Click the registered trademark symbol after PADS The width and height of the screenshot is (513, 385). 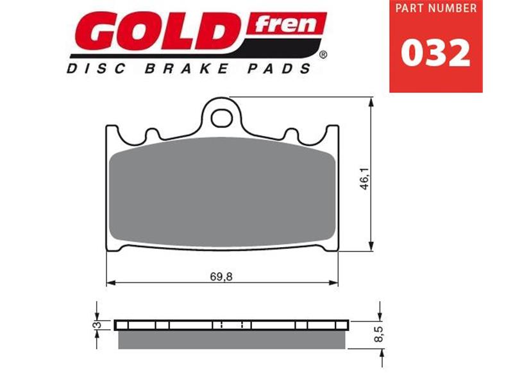[323, 55]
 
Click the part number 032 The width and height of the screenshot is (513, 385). [435, 54]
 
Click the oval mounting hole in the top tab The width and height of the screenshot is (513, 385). [222, 117]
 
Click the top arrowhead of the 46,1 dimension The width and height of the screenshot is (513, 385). [371, 101]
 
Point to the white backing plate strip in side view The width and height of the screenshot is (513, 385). [180, 325]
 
